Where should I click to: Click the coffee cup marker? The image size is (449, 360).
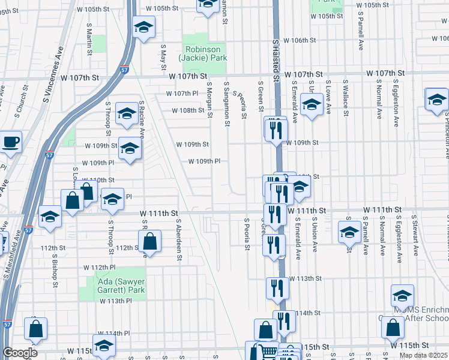11,143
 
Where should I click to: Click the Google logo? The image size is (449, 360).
20,353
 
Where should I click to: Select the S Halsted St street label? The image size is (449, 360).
277,60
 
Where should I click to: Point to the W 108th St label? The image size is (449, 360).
188,110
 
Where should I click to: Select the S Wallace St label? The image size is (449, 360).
346,96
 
